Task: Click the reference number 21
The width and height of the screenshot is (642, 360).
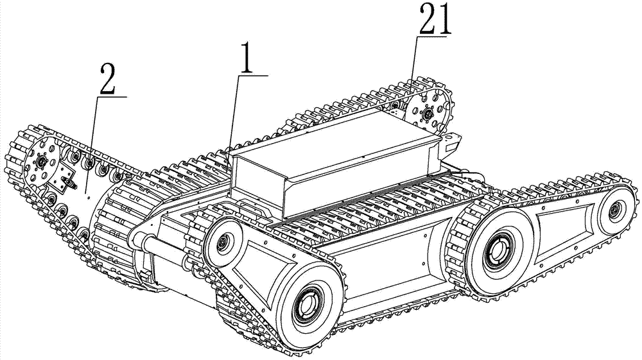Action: click(x=434, y=20)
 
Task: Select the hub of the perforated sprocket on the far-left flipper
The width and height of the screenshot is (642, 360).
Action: click(x=41, y=162)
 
